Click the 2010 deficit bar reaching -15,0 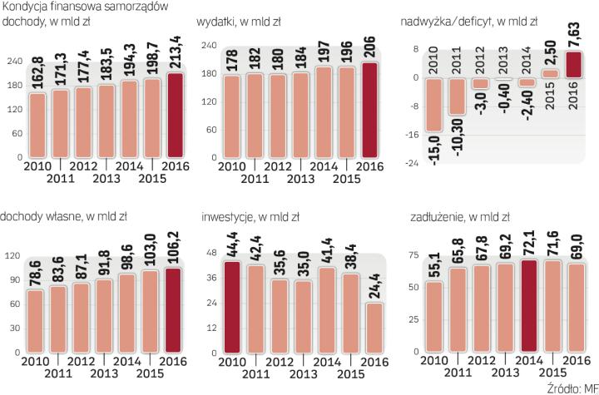point(433,105)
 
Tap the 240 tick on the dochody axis point(14,62)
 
